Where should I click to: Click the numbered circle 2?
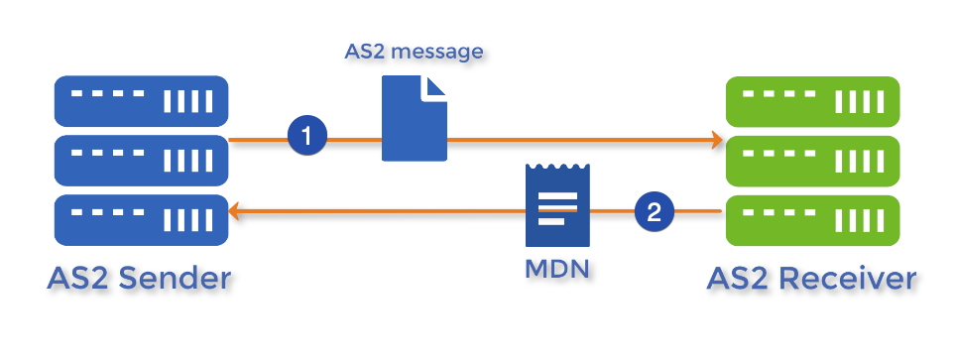[x=654, y=210]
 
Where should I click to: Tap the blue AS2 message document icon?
[x=413, y=120]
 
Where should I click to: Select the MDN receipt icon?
[x=556, y=204]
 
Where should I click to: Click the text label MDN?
[x=555, y=269]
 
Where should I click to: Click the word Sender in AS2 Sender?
[x=175, y=279]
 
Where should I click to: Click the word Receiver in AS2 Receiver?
[x=848, y=279]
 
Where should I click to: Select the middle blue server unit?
[x=140, y=159]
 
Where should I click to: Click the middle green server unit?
[x=812, y=159]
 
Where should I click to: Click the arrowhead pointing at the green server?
[x=717, y=141]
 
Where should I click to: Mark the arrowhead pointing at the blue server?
[x=236, y=211]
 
